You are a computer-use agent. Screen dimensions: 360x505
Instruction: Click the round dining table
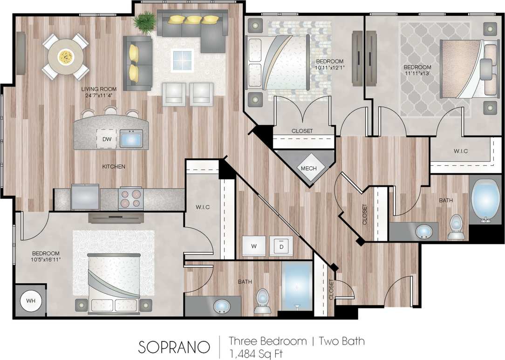(66, 57)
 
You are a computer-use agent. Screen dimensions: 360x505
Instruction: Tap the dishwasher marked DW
(106, 139)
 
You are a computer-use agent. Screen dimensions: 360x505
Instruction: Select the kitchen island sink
(131, 138)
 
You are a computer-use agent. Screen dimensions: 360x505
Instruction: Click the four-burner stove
(130, 198)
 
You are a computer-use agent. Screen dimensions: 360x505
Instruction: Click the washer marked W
(254, 245)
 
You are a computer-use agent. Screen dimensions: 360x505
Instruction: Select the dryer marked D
(281, 245)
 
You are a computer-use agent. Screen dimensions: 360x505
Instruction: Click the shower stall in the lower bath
(297, 286)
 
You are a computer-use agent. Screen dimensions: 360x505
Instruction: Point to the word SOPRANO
(173, 347)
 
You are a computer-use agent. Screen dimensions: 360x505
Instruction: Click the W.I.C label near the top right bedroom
(460, 151)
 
